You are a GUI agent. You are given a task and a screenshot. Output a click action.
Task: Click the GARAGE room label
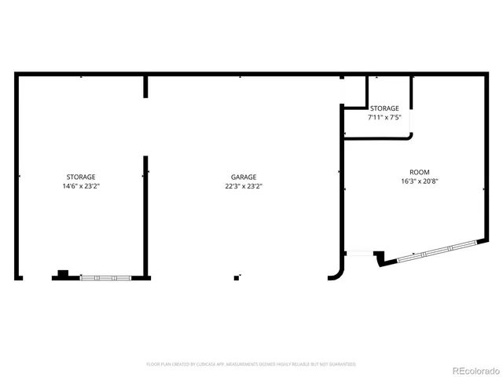tap(244, 177)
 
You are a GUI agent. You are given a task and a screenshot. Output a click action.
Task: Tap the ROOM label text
tap(419, 172)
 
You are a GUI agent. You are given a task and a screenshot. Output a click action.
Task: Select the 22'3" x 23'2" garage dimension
tap(244, 186)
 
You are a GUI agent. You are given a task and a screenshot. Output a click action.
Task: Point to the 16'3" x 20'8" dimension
tap(419, 181)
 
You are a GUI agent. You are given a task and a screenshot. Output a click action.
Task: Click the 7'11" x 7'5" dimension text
tap(385, 117)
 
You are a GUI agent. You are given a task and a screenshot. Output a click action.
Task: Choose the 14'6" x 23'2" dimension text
tap(81, 186)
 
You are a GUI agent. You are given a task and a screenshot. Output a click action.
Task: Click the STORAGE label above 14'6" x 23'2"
tap(81, 177)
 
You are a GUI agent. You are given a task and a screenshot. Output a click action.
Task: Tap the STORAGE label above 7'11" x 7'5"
tap(385, 108)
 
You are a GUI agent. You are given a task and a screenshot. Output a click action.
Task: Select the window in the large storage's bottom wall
tap(99, 277)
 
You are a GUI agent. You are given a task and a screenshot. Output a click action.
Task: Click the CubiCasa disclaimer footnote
tap(251, 364)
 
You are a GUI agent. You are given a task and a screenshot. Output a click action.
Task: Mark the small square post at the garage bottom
tap(237, 276)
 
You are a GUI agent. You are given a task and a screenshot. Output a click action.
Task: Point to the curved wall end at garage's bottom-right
tap(336, 272)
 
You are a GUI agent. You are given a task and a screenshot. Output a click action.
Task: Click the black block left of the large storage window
tap(63, 274)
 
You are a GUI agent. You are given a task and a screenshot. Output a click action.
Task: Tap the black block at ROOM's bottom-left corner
tap(379, 257)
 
